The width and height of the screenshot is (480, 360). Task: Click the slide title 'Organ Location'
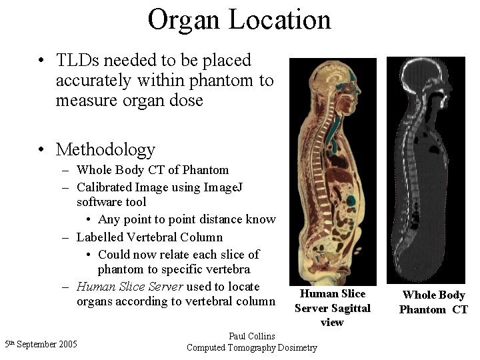239,19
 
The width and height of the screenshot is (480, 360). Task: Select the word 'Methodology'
105,149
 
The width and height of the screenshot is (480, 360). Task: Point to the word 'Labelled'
101,237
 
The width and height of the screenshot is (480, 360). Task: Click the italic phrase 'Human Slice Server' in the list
130,287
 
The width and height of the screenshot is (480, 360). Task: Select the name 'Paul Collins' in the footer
251,336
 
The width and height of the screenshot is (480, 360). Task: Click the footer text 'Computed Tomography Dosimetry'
251,347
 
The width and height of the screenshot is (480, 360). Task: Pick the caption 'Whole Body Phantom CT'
433,302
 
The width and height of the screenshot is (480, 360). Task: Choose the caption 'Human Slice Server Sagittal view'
332,308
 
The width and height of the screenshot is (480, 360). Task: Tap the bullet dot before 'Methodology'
42,149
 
